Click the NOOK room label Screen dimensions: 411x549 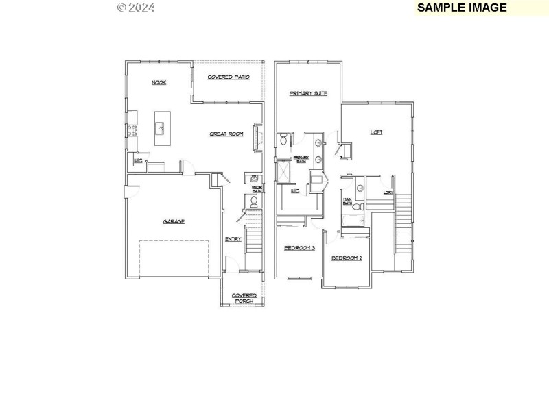[x=159, y=82]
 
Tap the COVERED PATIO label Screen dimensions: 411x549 [x=229, y=77]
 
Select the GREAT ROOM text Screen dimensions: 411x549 [x=226, y=134]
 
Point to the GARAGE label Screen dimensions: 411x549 [x=174, y=221]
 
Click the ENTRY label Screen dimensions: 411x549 [x=233, y=239]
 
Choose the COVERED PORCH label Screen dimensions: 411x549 [x=244, y=298]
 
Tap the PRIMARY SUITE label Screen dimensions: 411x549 [x=308, y=93]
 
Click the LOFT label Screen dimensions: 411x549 [x=376, y=132]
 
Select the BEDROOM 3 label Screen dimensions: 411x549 [x=299, y=247]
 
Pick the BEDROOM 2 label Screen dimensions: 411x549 [x=347, y=258]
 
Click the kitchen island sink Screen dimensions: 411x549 [x=161, y=127]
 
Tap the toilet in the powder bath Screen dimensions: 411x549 [x=253, y=201]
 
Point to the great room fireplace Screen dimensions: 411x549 [x=257, y=136]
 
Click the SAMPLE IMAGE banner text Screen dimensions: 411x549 [x=462, y=8]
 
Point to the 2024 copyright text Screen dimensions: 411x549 [x=136, y=8]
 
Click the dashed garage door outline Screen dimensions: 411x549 [x=174, y=258]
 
